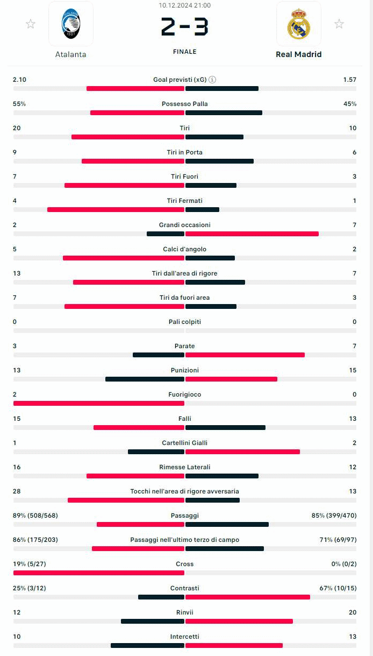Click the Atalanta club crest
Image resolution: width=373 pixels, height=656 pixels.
pyautogui.click(x=71, y=24)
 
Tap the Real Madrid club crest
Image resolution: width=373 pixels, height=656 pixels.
pyautogui.click(x=298, y=24)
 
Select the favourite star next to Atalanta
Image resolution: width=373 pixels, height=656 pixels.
pyautogui.click(x=31, y=24)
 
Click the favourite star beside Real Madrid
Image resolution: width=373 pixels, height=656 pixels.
pyautogui.click(x=339, y=24)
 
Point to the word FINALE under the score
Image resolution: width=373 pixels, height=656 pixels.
pyautogui.click(x=184, y=52)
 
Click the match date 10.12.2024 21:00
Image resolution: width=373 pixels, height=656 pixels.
pyautogui.click(x=184, y=5)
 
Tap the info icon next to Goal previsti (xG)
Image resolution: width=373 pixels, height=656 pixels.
pyautogui.click(x=212, y=80)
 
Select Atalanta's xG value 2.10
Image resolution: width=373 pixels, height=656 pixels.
pyautogui.click(x=19, y=80)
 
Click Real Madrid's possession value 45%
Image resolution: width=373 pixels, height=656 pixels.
pyautogui.click(x=350, y=104)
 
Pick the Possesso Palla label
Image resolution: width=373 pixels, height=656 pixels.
pyautogui.click(x=184, y=104)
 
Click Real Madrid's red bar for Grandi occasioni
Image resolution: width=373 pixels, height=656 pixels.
pyautogui.click(x=252, y=234)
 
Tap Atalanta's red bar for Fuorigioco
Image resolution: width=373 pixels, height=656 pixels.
pyautogui.click(x=99, y=403)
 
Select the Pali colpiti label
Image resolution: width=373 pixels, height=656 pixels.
pyautogui.click(x=184, y=322)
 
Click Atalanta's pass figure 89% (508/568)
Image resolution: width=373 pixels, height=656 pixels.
pyautogui.click(x=35, y=516)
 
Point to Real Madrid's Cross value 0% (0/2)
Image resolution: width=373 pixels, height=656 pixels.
pyautogui.click(x=344, y=564)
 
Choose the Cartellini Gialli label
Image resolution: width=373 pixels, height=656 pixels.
pyautogui.click(x=184, y=443)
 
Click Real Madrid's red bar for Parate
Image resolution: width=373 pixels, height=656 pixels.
pyautogui.click(x=245, y=355)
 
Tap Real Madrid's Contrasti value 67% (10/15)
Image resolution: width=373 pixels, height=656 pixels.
pyautogui.click(x=338, y=588)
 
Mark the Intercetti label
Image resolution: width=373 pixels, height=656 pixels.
pyautogui.click(x=184, y=637)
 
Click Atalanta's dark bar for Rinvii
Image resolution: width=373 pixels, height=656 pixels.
pyautogui.click(x=153, y=621)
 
